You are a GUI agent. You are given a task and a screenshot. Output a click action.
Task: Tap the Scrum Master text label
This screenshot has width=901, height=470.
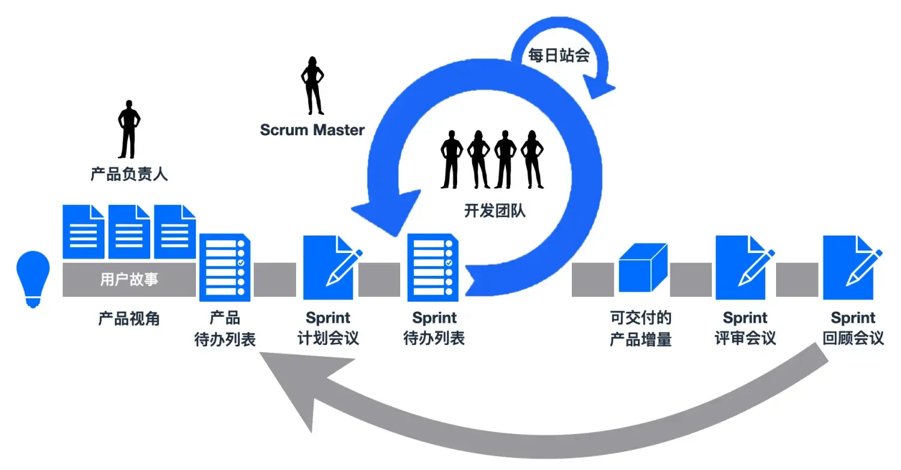312,130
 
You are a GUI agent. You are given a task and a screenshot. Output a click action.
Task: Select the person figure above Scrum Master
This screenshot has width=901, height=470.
312,85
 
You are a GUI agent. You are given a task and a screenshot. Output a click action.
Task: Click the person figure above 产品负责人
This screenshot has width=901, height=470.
129,129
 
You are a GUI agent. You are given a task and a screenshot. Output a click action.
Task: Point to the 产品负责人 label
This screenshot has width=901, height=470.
129,175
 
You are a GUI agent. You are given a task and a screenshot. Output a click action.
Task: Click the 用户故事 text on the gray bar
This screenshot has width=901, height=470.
129,280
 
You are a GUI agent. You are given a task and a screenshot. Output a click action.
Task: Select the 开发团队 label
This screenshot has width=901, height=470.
494,211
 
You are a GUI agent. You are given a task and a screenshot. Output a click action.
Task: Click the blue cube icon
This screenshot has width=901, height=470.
643,267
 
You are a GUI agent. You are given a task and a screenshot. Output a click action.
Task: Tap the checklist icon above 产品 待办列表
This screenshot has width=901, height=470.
225,267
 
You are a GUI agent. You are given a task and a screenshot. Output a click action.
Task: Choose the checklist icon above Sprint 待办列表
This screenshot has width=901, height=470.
433,267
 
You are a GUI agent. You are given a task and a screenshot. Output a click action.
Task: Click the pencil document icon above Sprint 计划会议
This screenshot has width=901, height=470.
330,267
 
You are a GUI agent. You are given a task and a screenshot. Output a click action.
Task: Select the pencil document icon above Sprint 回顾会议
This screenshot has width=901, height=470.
851,267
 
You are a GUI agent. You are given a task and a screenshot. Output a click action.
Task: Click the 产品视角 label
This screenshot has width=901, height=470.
129,319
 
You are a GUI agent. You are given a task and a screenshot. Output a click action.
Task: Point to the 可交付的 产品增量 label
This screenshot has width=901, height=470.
640,328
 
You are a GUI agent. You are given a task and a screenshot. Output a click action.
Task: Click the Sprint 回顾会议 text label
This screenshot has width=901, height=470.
853,328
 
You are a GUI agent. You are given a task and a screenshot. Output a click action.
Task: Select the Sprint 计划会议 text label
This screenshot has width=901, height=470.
328,328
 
